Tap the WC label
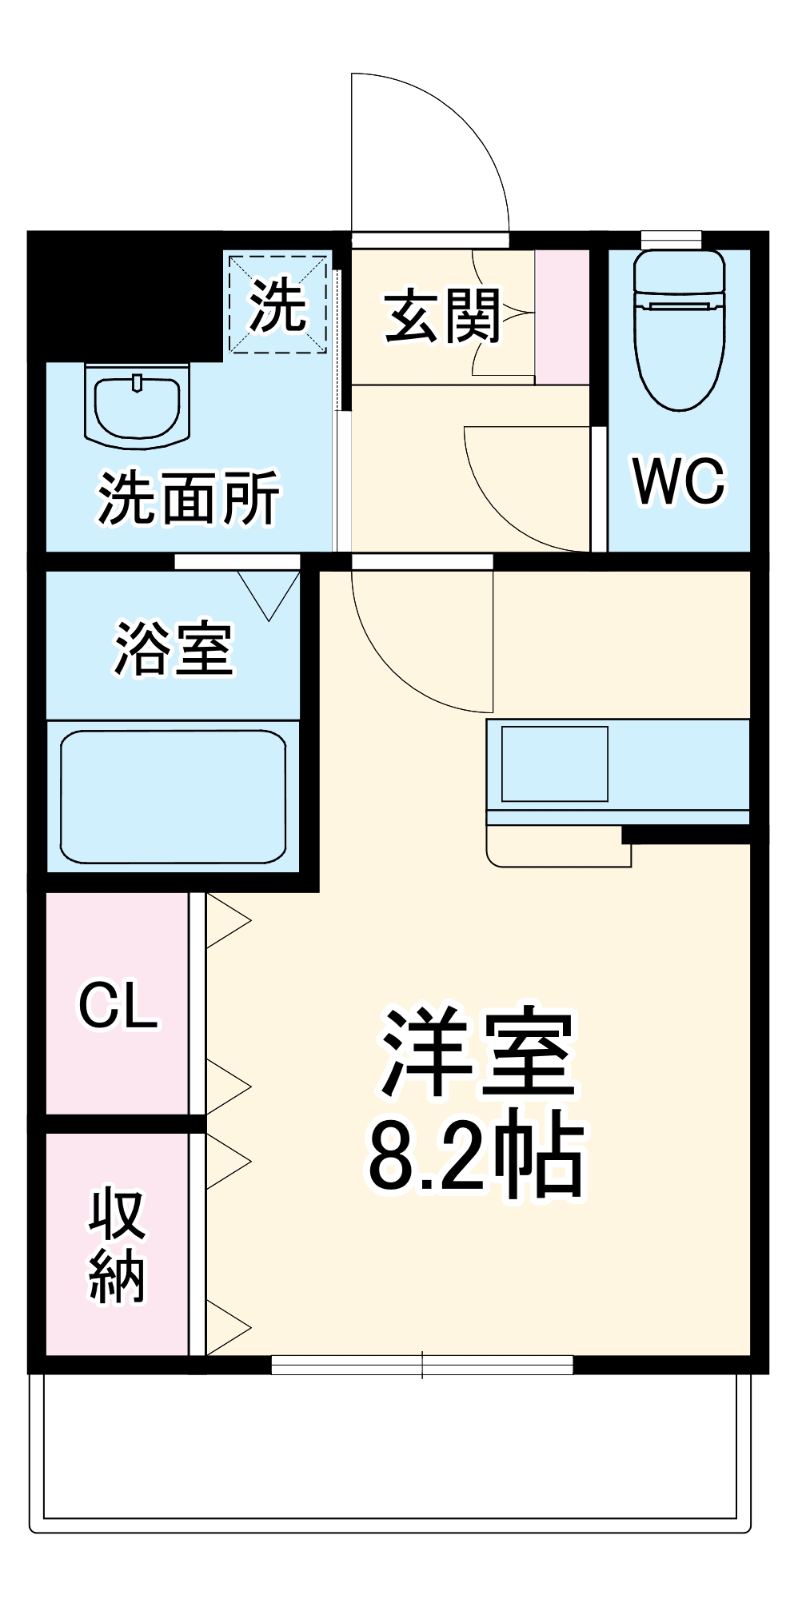[x=679, y=481]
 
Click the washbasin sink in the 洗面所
[x=138, y=404]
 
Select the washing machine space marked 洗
[x=278, y=305]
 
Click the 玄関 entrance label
[x=442, y=317]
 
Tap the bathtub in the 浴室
[x=173, y=796]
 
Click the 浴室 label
[x=174, y=648]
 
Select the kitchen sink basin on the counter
[x=554, y=764]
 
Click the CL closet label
[x=118, y=1005]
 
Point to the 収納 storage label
[x=117, y=1246]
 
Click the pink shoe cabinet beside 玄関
[x=562, y=317]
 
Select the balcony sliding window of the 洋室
[x=422, y=1365]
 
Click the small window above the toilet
[x=671, y=239]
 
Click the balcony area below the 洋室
[x=390, y=1447]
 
